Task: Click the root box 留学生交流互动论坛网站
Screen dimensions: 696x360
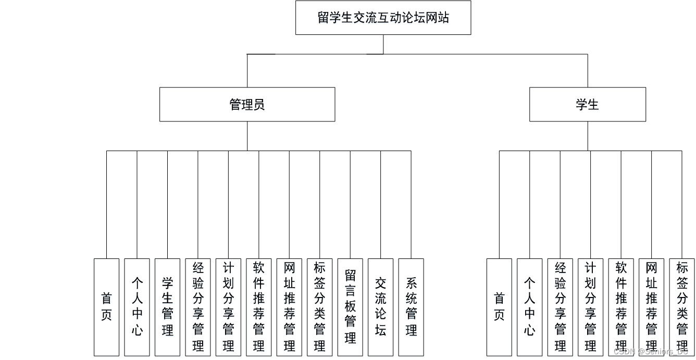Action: click(x=383, y=17)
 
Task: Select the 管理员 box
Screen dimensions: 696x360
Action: click(x=247, y=104)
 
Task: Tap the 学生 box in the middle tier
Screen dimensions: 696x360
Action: click(x=588, y=104)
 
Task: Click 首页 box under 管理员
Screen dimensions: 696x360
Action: click(x=107, y=307)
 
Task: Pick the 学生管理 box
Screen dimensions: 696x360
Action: click(x=167, y=307)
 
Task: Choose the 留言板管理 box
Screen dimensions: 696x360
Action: click(x=350, y=307)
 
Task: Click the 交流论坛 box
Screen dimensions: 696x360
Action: click(x=381, y=307)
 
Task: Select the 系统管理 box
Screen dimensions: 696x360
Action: click(x=411, y=307)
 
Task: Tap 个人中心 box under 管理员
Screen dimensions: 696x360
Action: click(x=137, y=307)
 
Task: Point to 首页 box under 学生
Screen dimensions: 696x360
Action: click(x=499, y=307)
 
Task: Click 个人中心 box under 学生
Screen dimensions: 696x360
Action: click(x=530, y=307)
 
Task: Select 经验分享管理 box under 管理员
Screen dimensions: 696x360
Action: click(x=198, y=307)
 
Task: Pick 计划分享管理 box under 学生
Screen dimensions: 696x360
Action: click(x=591, y=307)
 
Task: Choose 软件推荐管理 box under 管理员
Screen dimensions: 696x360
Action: click(x=259, y=307)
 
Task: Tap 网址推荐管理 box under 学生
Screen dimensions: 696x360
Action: click(x=652, y=307)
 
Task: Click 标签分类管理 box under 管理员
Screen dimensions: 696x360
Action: click(x=320, y=307)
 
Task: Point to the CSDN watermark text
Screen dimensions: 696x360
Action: click(x=651, y=352)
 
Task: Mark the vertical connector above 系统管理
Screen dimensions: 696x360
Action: click(x=411, y=205)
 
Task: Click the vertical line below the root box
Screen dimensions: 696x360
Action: click(x=383, y=44)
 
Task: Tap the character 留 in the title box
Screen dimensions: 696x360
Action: click(x=323, y=17)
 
